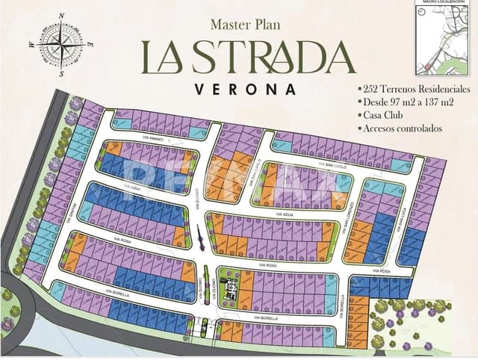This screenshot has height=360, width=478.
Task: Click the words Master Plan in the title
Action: [x=244, y=25]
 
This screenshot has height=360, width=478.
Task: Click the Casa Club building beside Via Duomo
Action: [x=230, y=288]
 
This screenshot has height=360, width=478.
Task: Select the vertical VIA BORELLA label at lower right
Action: [x=342, y=302]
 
